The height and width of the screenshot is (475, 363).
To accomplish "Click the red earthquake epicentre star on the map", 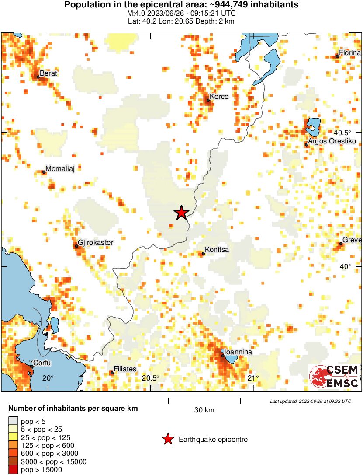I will coord(181,213).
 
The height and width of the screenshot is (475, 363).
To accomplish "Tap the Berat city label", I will coord(48,73).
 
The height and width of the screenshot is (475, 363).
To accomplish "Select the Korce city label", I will coord(219,96).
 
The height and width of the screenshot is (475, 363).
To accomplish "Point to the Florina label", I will coord(350,52).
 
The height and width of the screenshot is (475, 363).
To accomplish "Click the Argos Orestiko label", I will coord(332,141).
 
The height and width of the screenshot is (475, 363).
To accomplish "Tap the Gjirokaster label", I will coord(95,243).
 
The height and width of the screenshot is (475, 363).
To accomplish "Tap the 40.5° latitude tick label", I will coord(342,133).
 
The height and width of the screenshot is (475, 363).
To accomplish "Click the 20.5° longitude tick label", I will coord(151,378).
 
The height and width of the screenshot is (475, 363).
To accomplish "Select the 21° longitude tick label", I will coord(253,378).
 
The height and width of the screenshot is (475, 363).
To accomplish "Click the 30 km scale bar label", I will coord(204,410).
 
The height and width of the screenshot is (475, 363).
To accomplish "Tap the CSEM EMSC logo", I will coord(334,376).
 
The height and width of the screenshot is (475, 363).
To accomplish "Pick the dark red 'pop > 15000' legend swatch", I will coord(14,469).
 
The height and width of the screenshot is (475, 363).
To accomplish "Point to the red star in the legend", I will coord(167,440).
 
